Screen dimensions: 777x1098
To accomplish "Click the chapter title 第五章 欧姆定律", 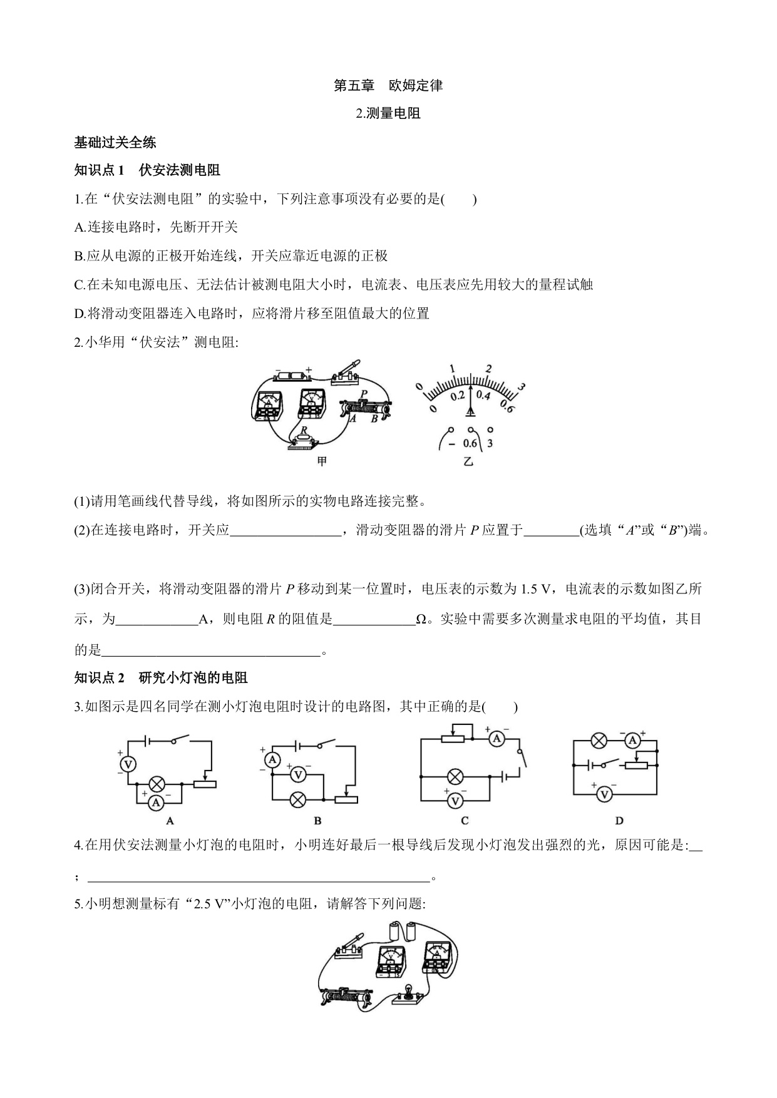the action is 388,86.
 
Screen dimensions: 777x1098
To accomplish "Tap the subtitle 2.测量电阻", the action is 388,113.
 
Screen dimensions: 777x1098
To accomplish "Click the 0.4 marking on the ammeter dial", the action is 483,395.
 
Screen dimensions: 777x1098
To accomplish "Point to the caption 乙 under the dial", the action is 468,462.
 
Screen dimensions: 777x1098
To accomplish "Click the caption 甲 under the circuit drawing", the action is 321,462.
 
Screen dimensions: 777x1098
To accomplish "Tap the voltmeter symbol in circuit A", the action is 128,764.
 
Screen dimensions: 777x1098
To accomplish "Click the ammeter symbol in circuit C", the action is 497,739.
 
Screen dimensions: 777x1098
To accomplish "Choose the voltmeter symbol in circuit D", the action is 604,794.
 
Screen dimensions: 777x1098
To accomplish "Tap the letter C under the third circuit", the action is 465,821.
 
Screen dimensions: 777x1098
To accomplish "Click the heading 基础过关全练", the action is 115,142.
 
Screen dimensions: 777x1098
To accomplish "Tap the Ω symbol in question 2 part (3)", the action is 421,619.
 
